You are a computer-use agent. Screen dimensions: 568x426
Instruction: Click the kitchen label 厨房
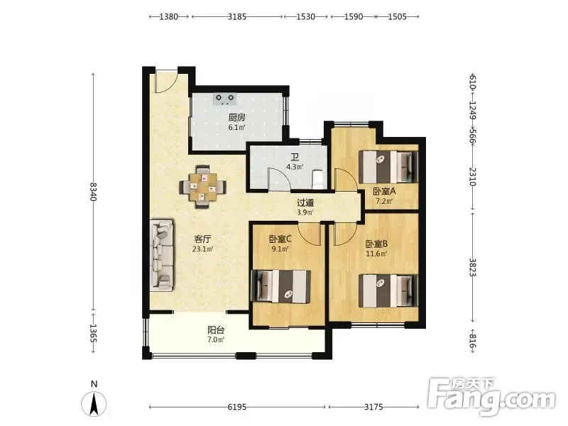pos(237,118)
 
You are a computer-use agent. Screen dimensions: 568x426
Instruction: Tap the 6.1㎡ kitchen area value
pos(236,127)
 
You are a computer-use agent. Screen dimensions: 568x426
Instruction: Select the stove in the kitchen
pos(225,99)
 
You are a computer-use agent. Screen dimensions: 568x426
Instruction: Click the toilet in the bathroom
pos(317,180)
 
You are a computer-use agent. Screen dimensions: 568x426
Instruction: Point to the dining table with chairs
pos(203,187)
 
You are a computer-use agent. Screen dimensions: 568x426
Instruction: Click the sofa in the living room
pos(162,254)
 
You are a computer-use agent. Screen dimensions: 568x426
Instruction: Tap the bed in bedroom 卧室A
pos(388,167)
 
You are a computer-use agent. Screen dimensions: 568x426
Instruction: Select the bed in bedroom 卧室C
pos(280,286)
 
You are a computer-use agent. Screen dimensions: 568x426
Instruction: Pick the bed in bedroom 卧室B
pos(388,291)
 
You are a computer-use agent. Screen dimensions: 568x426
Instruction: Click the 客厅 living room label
pos(203,239)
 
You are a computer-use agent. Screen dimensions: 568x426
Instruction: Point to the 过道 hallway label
pos(305,203)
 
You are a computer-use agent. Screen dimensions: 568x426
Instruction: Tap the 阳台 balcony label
pos(216,330)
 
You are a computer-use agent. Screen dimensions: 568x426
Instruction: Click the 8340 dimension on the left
pos(94,192)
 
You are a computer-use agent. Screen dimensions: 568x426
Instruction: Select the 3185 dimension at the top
pos(237,16)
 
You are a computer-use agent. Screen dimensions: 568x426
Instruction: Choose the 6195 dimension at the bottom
pos(237,407)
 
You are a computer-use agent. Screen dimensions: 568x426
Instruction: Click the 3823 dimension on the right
pos(473,267)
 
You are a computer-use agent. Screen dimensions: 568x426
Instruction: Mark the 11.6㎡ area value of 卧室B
pos(376,253)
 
